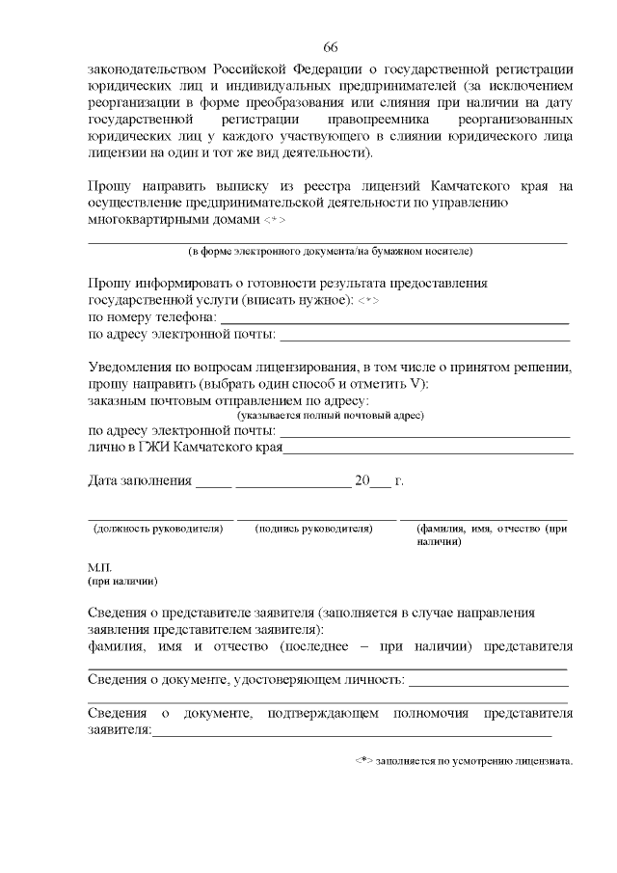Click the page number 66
pyautogui.click(x=330, y=47)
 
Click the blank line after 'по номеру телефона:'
pyautogui.click(x=395, y=322)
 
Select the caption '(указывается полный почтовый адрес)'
pyautogui.click(x=331, y=415)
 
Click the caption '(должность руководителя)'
pyautogui.click(x=158, y=529)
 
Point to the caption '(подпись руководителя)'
pyautogui.click(x=314, y=529)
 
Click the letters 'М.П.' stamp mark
pyautogui.click(x=100, y=568)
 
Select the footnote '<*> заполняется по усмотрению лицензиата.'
pyautogui.click(x=464, y=760)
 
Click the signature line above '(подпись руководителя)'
pyautogui.click(x=316, y=519)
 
